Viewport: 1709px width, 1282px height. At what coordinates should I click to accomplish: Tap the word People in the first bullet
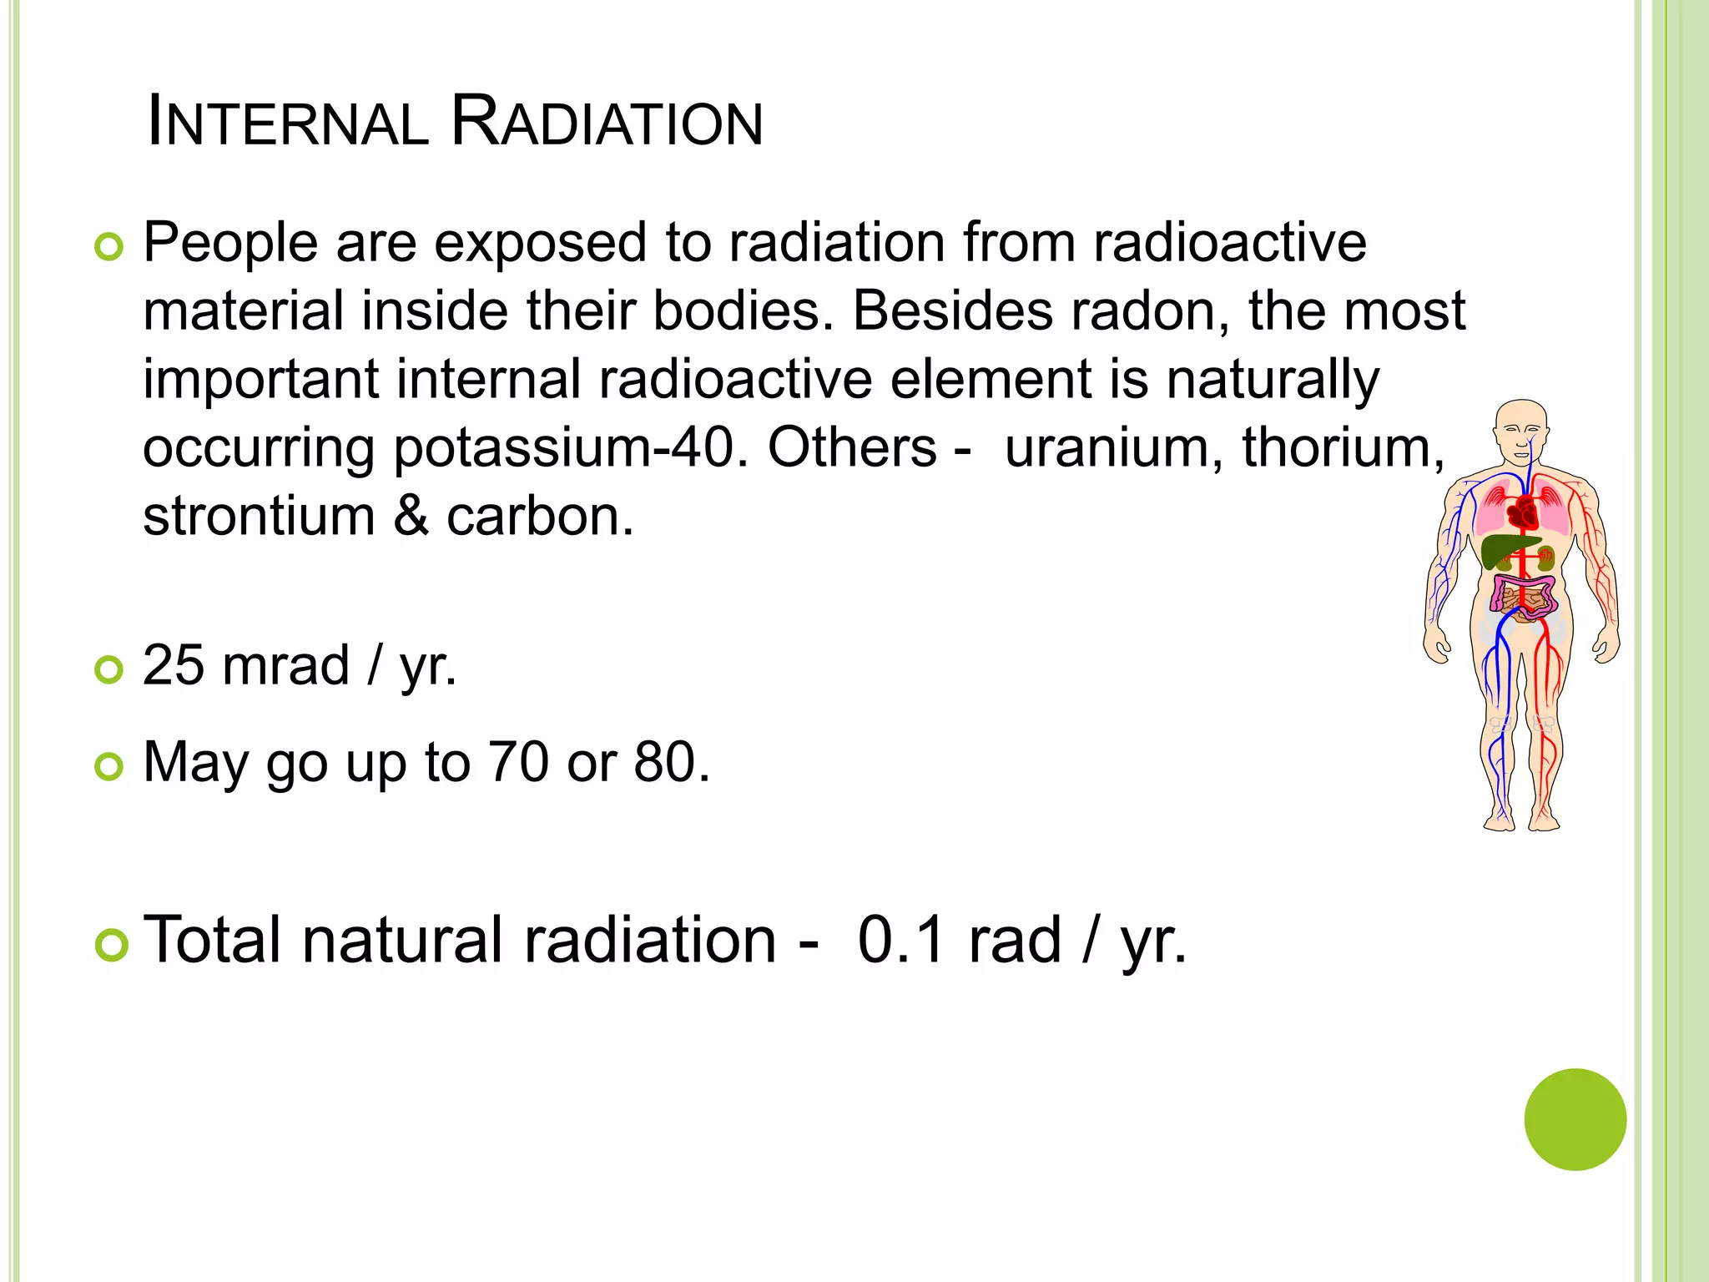click(x=230, y=244)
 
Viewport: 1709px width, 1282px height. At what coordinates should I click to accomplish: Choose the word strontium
click(x=259, y=517)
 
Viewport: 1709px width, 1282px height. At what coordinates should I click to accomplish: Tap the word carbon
click(x=539, y=517)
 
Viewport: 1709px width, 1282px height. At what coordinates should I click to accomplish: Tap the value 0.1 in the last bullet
click(x=901, y=941)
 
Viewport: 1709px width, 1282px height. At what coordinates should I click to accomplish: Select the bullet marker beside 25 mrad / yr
click(x=108, y=669)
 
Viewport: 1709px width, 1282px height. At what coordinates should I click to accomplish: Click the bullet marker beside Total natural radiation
click(x=110, y=946)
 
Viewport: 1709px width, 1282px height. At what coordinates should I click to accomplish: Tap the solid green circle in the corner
click(x=1575, y=1119)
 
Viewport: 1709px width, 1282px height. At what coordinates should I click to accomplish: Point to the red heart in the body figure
click(x=1525, y=512)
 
